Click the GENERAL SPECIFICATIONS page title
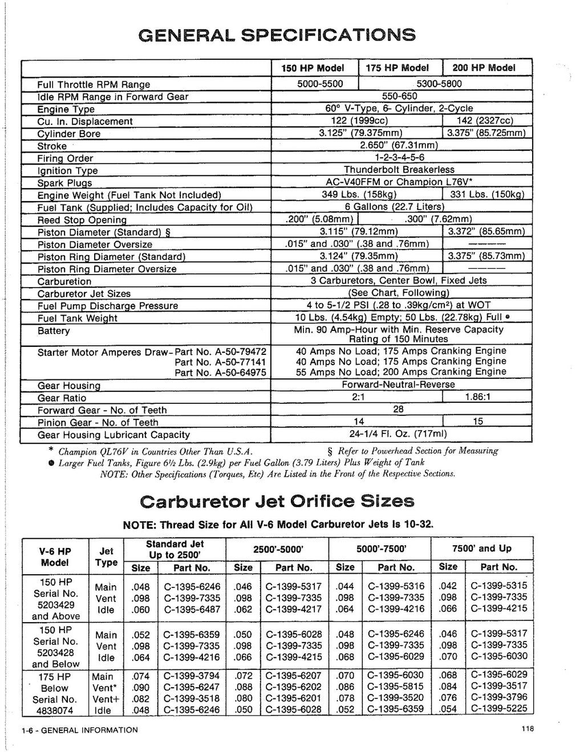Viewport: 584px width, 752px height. tap(277, 35)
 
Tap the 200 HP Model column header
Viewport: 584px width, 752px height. tap(484, 68)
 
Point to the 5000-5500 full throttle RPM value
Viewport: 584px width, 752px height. tap(321, 84)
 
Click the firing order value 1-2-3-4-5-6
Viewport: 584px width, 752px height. tap(399, 157)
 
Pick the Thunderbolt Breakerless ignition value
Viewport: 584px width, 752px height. tap(399, 170)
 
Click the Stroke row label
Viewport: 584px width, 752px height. tap(52, 146)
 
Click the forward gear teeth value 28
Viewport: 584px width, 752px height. tap(399, 409)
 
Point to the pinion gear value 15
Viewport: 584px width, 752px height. tap(478, 422)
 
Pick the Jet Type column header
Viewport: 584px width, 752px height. tap(106, 557)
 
